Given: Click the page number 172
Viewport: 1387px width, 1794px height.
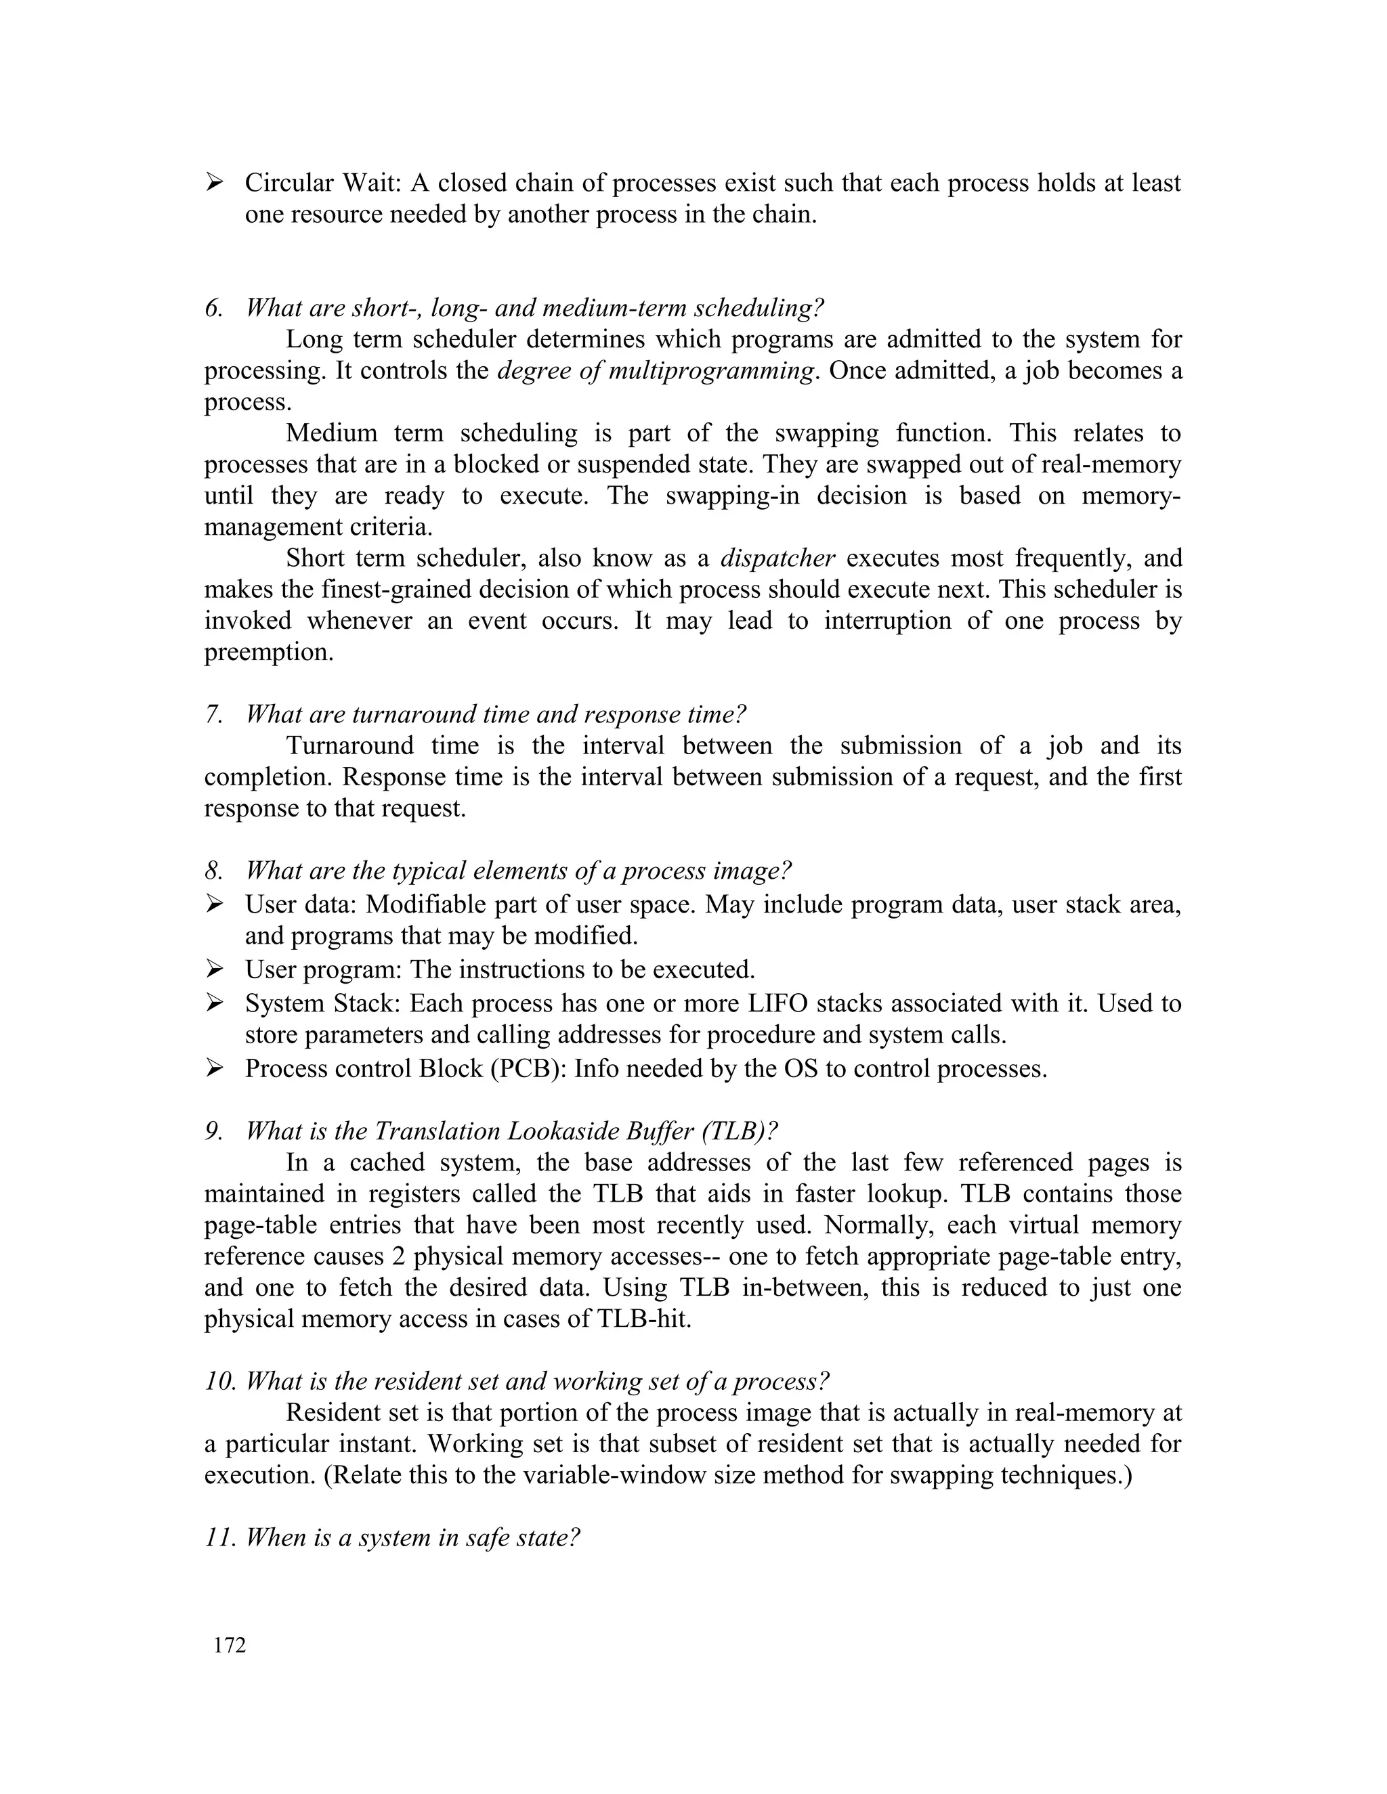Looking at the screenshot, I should pos(230,1645).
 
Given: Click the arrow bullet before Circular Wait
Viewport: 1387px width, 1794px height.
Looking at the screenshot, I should pos(215,182).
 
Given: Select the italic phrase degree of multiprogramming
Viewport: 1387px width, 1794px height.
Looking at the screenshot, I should pos(656,370).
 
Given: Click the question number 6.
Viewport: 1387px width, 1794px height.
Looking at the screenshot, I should pos(213,308).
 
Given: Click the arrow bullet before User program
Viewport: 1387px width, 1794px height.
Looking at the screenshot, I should pos(215,969).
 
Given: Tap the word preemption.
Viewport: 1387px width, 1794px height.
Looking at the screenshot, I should pos(269,652).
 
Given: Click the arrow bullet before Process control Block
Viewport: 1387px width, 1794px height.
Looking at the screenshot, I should pos(215,1069).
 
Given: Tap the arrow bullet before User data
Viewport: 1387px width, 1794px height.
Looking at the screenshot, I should pos(215,904).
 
